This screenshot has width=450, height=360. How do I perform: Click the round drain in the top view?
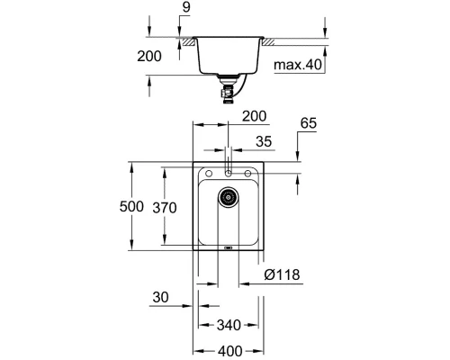(229, 196)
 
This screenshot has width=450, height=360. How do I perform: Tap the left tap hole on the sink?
(208, 173)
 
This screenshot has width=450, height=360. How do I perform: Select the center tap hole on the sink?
(229, 172)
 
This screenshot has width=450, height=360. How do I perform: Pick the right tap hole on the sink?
(250, 173)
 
